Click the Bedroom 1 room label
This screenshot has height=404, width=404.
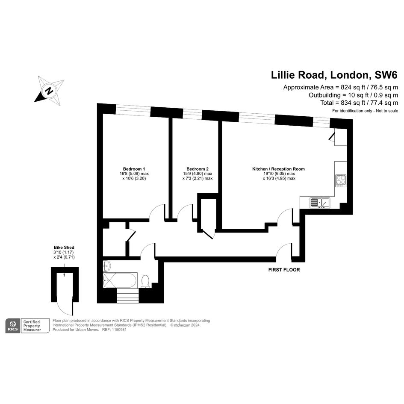coord(134,169)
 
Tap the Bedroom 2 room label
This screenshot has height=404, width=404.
coord(198,169)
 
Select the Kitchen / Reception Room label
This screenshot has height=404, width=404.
coord(278,169)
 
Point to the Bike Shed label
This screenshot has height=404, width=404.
coord(64,248)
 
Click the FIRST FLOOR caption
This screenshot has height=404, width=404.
coord(284,270)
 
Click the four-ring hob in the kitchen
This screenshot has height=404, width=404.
coord(341,180)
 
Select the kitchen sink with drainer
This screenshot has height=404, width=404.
coord(320,203)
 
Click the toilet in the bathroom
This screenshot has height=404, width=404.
coord(146,281)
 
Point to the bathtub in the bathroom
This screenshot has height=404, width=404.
coord(120,280)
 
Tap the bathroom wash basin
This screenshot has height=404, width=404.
coord(106,265)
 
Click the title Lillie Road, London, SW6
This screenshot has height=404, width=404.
coord(334,75)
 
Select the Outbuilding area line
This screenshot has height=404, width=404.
coord(353,95)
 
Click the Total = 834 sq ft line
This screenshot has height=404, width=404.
coord(359,103)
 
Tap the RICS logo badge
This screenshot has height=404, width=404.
coord(13,326)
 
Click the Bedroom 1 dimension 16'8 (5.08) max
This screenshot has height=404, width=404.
coord(134,174)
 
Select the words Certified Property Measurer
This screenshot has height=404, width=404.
coord(32,326)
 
